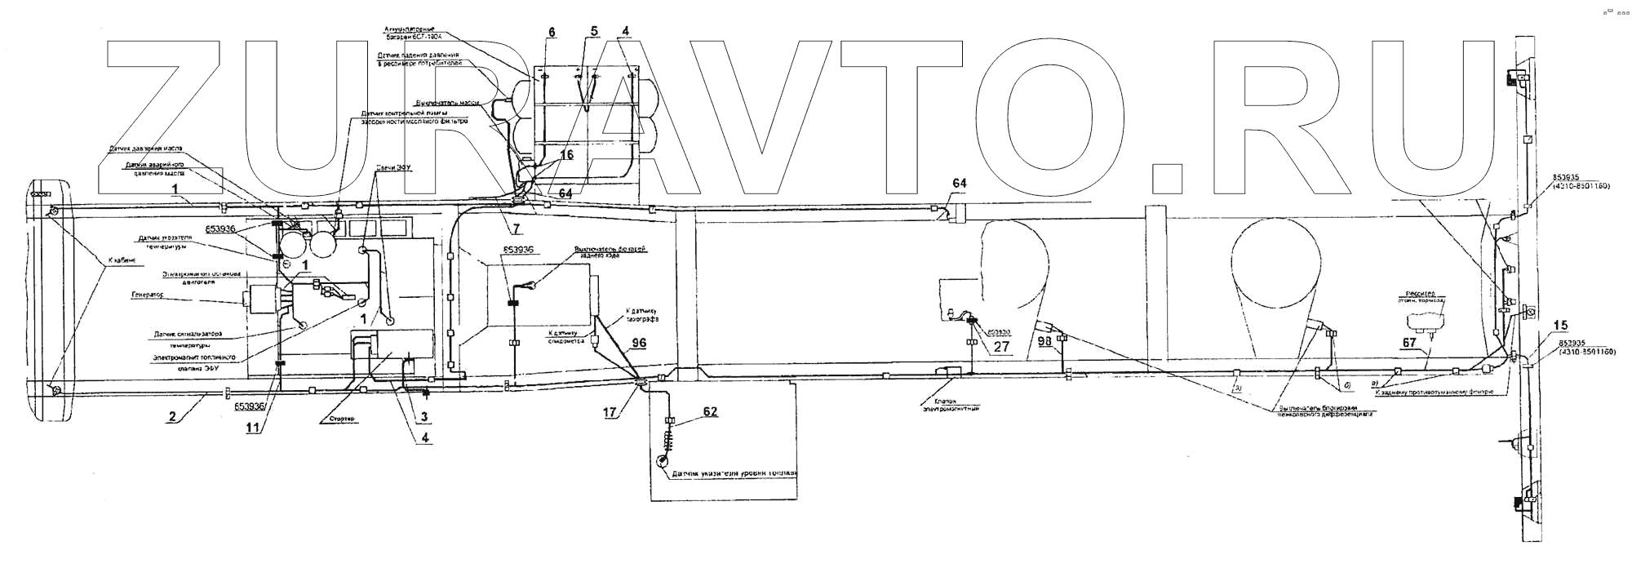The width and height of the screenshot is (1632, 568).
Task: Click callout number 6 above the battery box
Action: pyautogui.click(x=552, y=32)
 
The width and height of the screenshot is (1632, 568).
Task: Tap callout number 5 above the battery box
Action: pyautogui.click(x=593, y=32)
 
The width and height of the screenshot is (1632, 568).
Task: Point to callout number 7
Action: pyautogui.click(x=517, y=230)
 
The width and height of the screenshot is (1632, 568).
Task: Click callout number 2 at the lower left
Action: pyautogui.click(x=171, y=417)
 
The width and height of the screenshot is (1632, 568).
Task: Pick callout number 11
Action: pyautogui.click(x=254, y=426)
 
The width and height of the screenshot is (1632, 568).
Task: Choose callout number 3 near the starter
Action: pyautogui.click(x=424, y=416)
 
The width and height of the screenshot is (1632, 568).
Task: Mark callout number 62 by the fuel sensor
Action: pyautogui.click(x=710, y=411)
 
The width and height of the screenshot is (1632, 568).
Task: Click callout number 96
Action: pyautogui.click(x=639, y=343)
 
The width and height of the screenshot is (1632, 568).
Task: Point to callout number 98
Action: pyautogui.click(x=1045, y=341)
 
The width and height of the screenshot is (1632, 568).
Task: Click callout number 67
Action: pyautogui.click(x=1409, y=344)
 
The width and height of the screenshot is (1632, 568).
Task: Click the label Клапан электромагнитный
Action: pyautogui.click(x=950, y=405)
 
